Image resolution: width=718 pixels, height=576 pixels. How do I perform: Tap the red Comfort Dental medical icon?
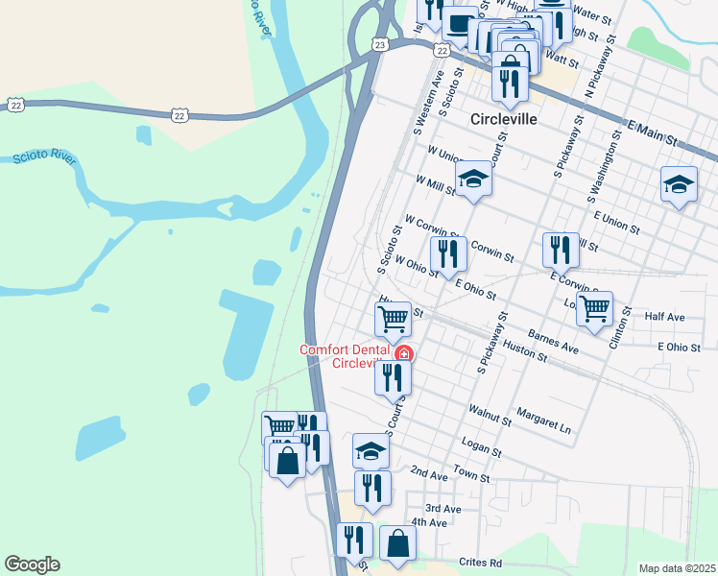tap(404, 354)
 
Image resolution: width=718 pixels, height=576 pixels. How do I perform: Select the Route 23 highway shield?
tap(381, 45)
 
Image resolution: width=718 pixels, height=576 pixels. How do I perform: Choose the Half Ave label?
tap(665, 317)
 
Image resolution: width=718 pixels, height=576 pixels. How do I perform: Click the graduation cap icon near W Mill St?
tap(473, 179)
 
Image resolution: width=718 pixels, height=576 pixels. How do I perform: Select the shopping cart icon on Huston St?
tap(393, 319)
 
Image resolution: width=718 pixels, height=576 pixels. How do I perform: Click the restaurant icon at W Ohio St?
tap(448, 253)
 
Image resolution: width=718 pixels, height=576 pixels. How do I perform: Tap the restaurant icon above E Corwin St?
tap(561, 250)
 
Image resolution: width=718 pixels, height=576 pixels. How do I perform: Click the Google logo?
tap(32, 564)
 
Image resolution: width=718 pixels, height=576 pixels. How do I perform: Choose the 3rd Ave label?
tap(443, 508)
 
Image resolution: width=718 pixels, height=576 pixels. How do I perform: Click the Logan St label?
tap(482, 450)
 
